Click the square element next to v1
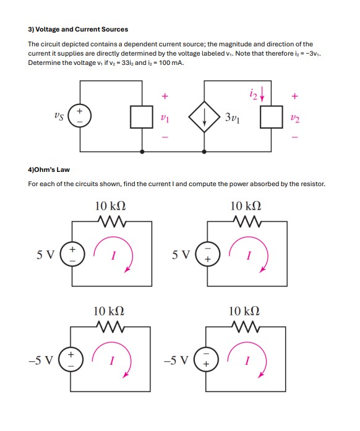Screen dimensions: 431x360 [x=142, y=117]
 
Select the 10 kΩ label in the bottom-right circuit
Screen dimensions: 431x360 [x=246, y=310]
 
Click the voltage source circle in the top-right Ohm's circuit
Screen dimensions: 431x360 [x=207, y=253]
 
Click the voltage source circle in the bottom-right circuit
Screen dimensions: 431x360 [x=207, y=359]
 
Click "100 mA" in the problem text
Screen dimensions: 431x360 [x=171, y=63]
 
